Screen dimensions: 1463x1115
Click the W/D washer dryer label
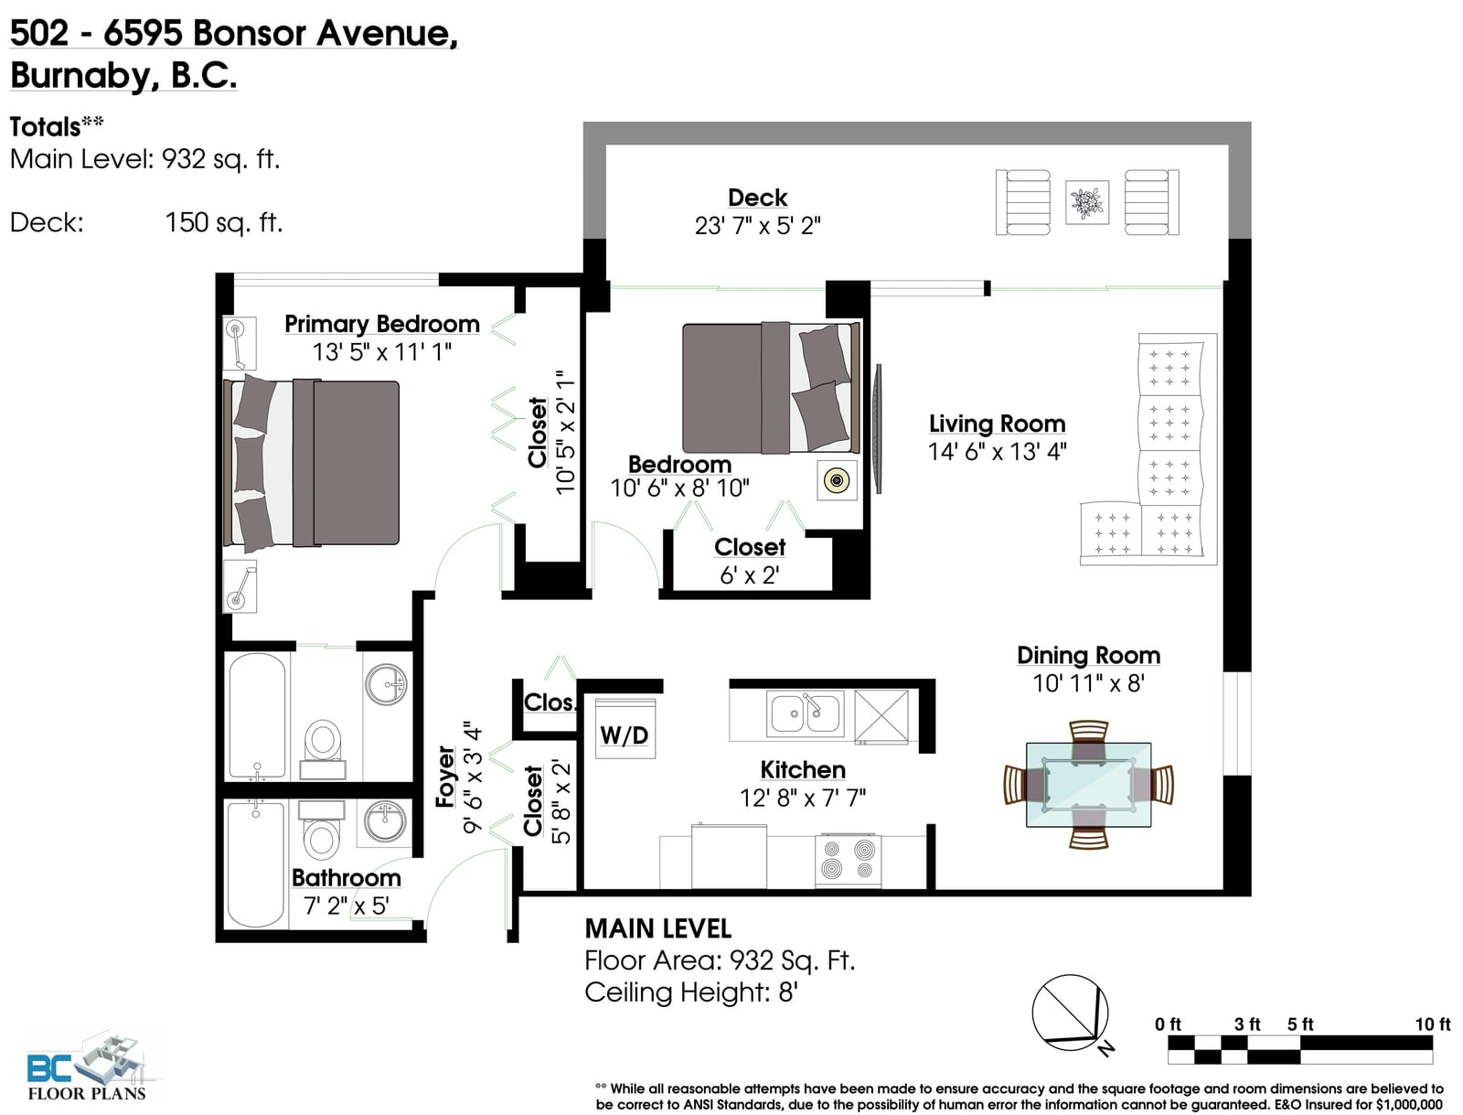pyautogui.click(x=624, y=735)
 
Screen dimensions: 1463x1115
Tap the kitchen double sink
pyautogui.click(x=806, y=713)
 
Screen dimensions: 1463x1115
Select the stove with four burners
pyautogui.click(x=848, y=860)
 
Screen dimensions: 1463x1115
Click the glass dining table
pyautogui.click(x=1088, y=785)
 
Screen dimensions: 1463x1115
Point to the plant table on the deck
pyautogui.click(x=1087, y=202)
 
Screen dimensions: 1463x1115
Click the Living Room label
pyautogui.click(x=997, y=423)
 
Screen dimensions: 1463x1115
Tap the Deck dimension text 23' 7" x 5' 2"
pyautogui.click(x=757, y=226)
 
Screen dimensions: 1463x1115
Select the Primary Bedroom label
pyautogui.click(x=382, y=324)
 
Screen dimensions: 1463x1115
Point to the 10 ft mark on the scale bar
pyautogui.click(x=1432, y=1024)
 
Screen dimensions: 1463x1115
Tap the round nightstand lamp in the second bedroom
pyautogui.click(x=838, y=480)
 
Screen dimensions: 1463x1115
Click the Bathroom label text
pyautogui.click(x=347, y=878)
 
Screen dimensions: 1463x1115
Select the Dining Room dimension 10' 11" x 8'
pyautogui.click(x=1088, y=683)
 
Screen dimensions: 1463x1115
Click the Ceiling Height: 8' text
pyautogui.click(x=691, y=992)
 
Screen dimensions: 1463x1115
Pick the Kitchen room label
pyautogui.click(x=803, y=770)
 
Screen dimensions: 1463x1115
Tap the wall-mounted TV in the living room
pyautogui.click(x=879, y=429)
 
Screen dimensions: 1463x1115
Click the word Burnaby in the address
pyautogui.click(x=81, y=75)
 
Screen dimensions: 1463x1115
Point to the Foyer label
pyautogui.click(x=445, y=777)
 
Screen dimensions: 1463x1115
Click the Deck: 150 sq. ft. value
pyautogui.click(x=224, y=222)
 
